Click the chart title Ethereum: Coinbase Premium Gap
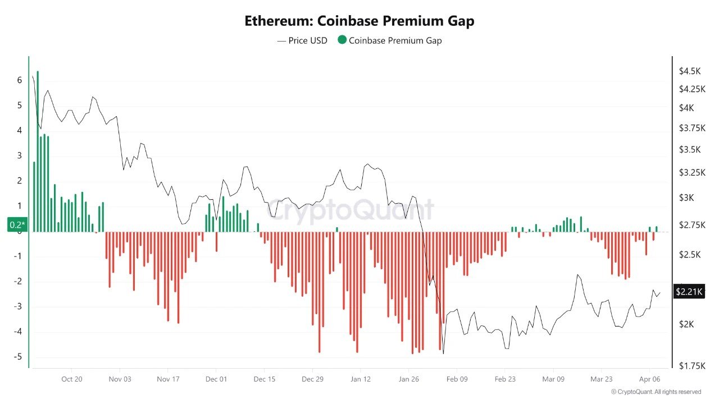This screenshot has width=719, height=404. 359,21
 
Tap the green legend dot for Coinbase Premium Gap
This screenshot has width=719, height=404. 342,40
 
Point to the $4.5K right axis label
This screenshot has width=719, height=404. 690,71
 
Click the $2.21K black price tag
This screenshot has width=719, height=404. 688,291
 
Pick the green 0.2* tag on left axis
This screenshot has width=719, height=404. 17,225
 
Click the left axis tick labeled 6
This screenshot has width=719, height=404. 20,80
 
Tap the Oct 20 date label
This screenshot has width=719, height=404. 72,379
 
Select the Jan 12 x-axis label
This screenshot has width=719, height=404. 360,379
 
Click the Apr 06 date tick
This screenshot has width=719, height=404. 649,379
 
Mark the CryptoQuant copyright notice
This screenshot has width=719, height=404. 656,392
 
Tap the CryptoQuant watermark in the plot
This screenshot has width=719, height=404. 349,210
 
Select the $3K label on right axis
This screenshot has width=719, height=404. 686,198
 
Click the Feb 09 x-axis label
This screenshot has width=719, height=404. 457,379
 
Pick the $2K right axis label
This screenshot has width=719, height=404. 686,324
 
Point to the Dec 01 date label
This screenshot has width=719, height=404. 216,379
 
